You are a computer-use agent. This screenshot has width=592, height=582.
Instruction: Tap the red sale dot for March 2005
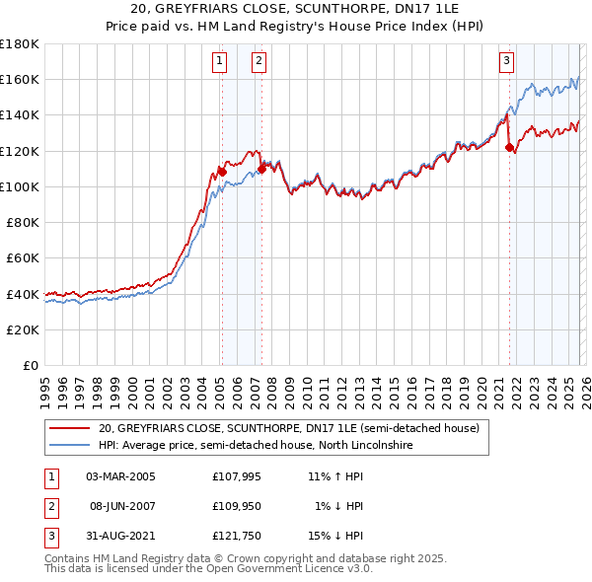[x=222, y=172]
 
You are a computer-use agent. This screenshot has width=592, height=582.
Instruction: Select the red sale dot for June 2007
[x=261, y=169]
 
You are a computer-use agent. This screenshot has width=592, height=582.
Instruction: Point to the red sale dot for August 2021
[x=510, y=148]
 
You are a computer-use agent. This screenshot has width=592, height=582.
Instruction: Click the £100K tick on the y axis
[x=20, y=186]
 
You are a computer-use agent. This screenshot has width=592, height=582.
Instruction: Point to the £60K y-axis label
[x=23, y=257]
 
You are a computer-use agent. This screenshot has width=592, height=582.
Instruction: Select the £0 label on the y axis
[x=31, y=365]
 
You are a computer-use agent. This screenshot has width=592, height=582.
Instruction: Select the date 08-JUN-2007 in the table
[x=121, y=506]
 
